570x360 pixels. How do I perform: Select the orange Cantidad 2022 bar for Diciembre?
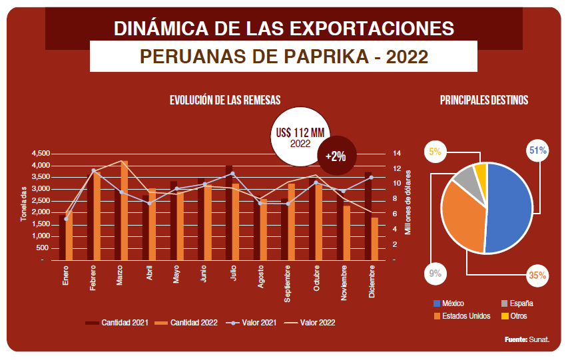pyautogui.click(x=375, y=239)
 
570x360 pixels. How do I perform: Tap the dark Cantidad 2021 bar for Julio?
pyautogui.click(x=228, y=213)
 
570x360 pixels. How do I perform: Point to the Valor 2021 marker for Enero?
pyautogui.click(x=66, y=219)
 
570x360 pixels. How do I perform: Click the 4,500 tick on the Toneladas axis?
pyautogui.click(x=41, y=154)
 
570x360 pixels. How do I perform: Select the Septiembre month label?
pyautogui.click(x=287, y=284)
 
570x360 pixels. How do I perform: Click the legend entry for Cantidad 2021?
pyautogui.click(x=117, y=323)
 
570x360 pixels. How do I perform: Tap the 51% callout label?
pyautogui.click(x=537, y=151)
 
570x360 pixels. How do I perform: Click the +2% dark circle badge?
pyautogui.click(x=335, y=156)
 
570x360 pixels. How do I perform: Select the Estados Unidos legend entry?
pyautogui.click(x=462, y=315)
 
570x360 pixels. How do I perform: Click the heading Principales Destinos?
pyautogui.click(x=484, y=100)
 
